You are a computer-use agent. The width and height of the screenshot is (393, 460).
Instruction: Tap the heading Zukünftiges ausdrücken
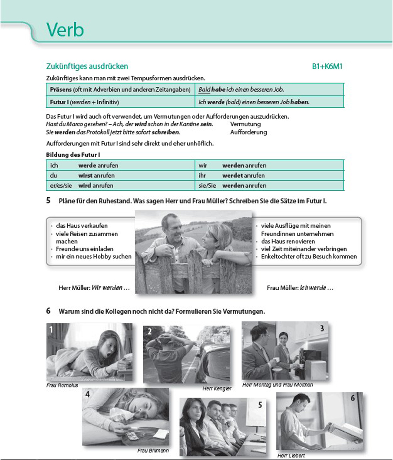(x=87, y=66)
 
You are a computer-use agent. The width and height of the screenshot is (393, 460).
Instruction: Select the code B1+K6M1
(x=330, y=67)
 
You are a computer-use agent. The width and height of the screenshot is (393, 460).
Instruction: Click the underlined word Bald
(x=204, y=89)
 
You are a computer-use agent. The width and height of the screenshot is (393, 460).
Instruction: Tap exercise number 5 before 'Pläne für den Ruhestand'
(x=48, y=201)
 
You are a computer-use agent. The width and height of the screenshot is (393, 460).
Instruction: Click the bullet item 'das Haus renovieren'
(x=288, y=241)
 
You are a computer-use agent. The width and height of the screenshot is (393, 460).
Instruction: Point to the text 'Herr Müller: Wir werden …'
(x=94, y=288)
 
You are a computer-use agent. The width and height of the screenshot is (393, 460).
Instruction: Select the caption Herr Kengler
(x=217, y=388)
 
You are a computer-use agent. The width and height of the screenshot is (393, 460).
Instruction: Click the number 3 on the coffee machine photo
(x=322, y=328)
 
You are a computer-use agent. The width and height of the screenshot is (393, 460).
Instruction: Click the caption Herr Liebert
(x=291, y=456)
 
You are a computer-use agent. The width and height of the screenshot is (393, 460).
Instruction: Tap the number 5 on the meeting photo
(x=260, y=405)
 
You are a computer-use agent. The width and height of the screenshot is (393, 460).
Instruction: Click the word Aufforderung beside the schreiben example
(x=248, y=132)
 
